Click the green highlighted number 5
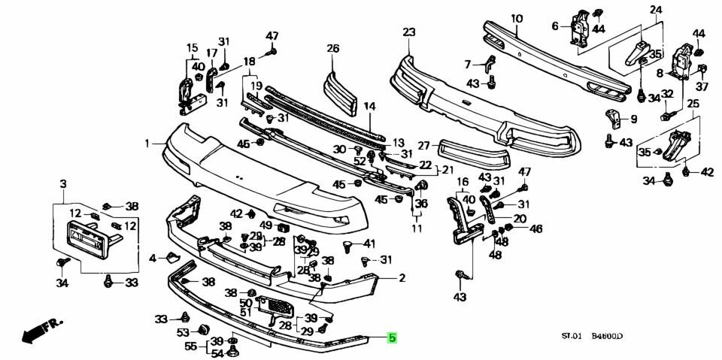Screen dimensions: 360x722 point(392,338)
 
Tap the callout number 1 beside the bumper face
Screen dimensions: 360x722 point(148,142)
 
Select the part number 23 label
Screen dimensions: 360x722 point(408,32)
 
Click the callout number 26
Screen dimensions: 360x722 point(333,49)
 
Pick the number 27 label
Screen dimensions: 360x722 point(423,146)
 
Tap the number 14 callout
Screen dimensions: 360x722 point(369,107)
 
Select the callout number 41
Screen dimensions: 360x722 point(369,243)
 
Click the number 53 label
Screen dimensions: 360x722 point(183,332)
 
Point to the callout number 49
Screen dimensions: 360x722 point(265,225)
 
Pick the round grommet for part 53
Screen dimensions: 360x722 point(203,331)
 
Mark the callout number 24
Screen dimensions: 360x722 point(656,10)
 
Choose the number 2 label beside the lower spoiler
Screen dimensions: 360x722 point(402,278)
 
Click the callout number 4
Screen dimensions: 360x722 point(153,258)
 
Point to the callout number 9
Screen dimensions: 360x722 point(633,118)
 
